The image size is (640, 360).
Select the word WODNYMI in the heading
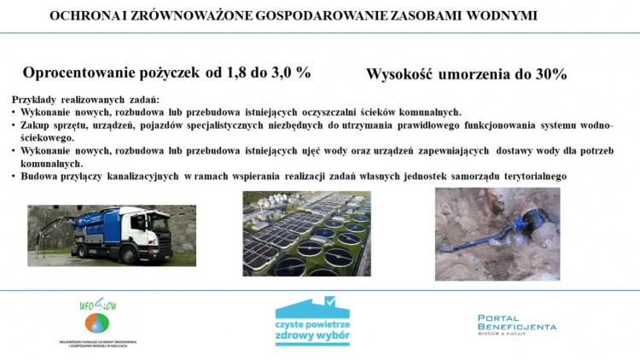point(509,15)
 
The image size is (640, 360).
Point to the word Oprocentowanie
point(84,73)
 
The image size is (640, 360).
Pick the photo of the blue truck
point(111,235)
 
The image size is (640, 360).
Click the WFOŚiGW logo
point(99,321)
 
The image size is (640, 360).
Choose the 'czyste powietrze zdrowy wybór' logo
point(312,321)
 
